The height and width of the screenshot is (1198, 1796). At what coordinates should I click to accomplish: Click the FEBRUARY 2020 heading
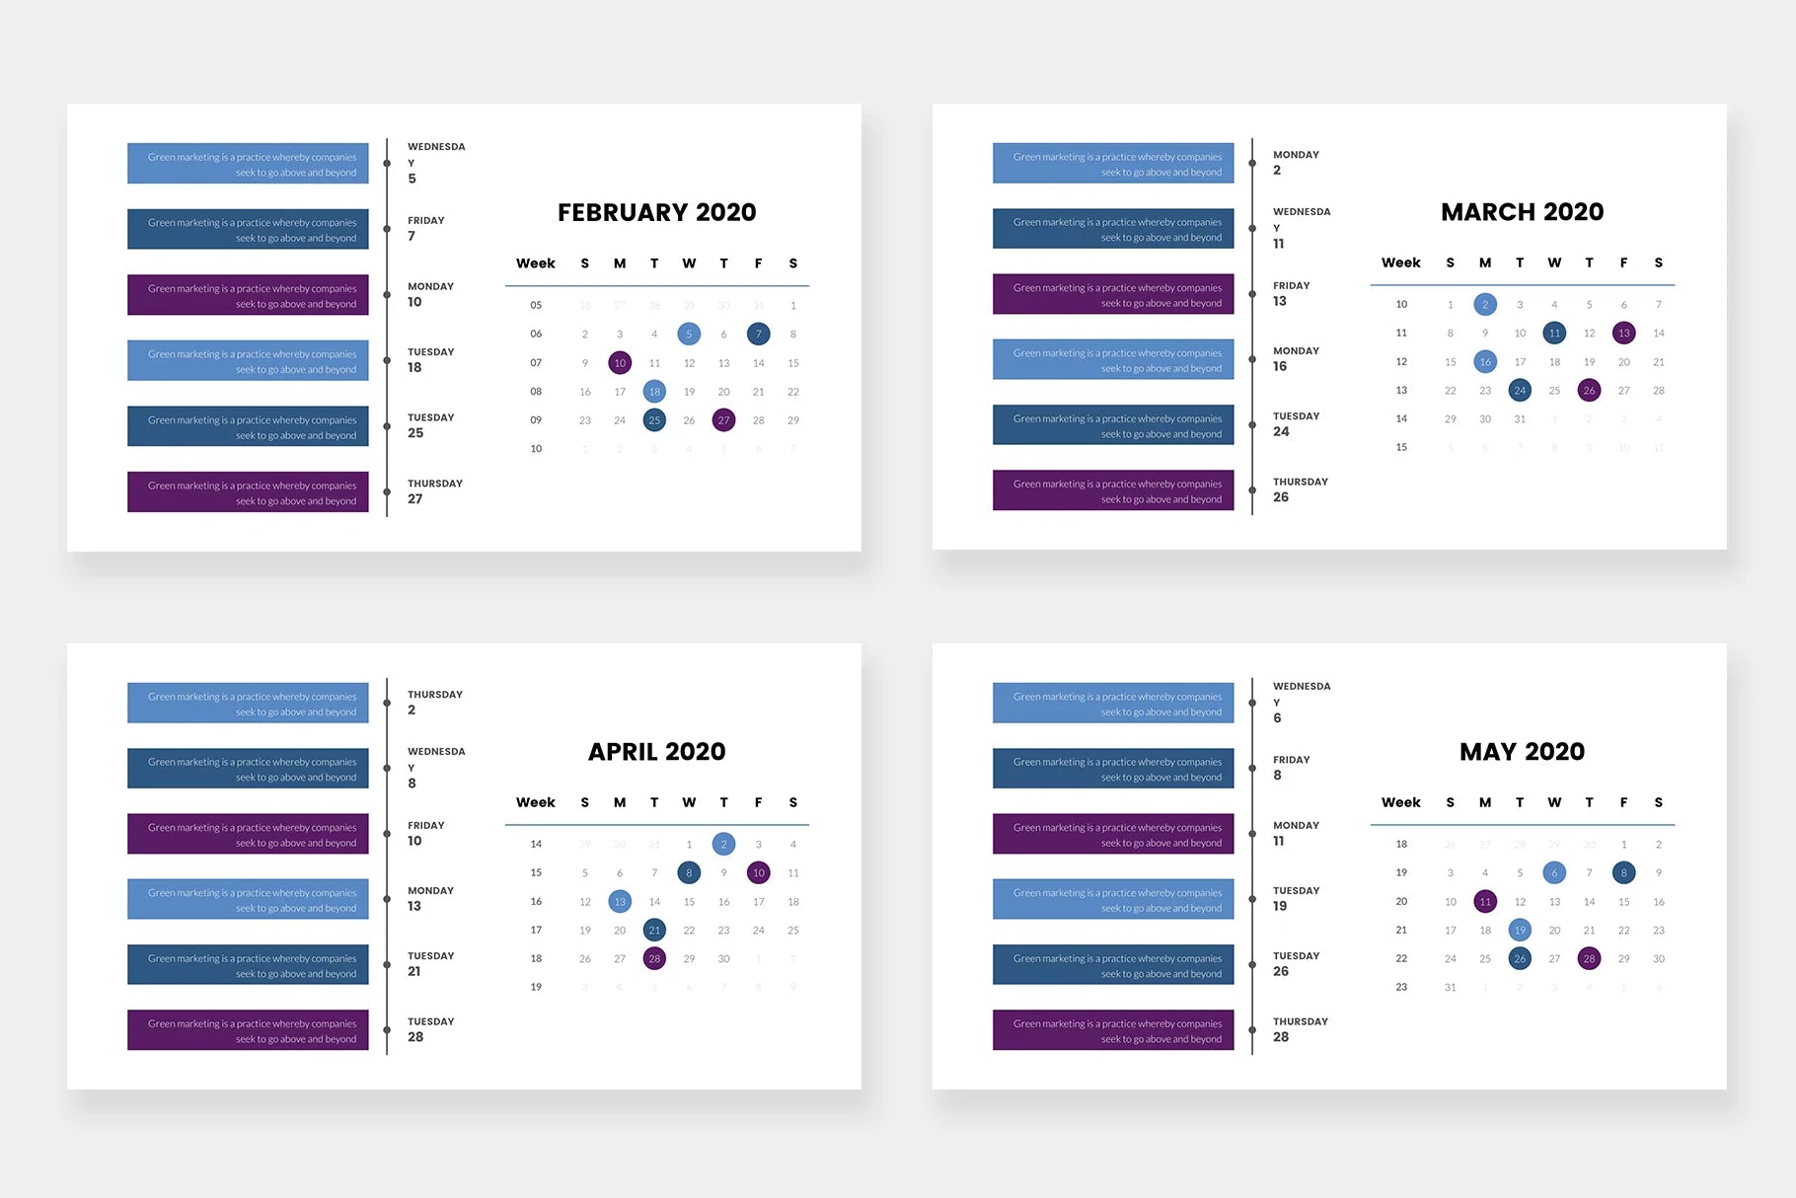[x=656, y=212]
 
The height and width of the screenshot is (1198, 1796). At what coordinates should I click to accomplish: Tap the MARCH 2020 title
[x=1522, y=212]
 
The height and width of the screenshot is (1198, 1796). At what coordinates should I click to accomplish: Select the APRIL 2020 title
[x=656, y=752]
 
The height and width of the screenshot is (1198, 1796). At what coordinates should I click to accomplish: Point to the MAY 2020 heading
[x=1522, y=752]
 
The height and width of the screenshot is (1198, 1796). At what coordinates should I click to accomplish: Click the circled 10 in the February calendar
[x=620, y=363]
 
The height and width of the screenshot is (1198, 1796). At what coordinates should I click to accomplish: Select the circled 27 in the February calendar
[x=723, y=420]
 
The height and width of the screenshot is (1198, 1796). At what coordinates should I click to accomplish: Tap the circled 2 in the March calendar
[x=1485, y=305]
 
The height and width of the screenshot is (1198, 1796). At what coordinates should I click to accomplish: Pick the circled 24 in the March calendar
[x=1520, y=391]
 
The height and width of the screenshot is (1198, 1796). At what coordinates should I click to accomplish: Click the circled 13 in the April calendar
[x=620, y=902]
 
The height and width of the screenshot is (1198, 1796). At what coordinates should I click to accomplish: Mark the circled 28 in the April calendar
[x=654, y=959]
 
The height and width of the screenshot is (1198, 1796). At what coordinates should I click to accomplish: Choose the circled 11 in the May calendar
[x=1485, y=902]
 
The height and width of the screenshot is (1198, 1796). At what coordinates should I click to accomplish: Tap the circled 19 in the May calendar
[x=1520, y=931]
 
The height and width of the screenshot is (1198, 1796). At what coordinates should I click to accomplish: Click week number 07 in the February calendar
[x=536, y=363]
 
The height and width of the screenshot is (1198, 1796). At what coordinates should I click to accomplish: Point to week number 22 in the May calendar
[x=1401, y=959]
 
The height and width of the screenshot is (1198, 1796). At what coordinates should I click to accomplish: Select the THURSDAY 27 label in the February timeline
[x=434, y=491]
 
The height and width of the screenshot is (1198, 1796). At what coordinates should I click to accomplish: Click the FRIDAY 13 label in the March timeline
[x=1291, y=294]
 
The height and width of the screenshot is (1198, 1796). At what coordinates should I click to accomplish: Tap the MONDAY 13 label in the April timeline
[x=430, y=899]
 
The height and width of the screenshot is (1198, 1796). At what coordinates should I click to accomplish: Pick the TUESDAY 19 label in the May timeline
[x=1296, y=899]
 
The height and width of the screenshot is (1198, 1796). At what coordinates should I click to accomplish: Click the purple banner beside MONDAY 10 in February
[x=248, y=295]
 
